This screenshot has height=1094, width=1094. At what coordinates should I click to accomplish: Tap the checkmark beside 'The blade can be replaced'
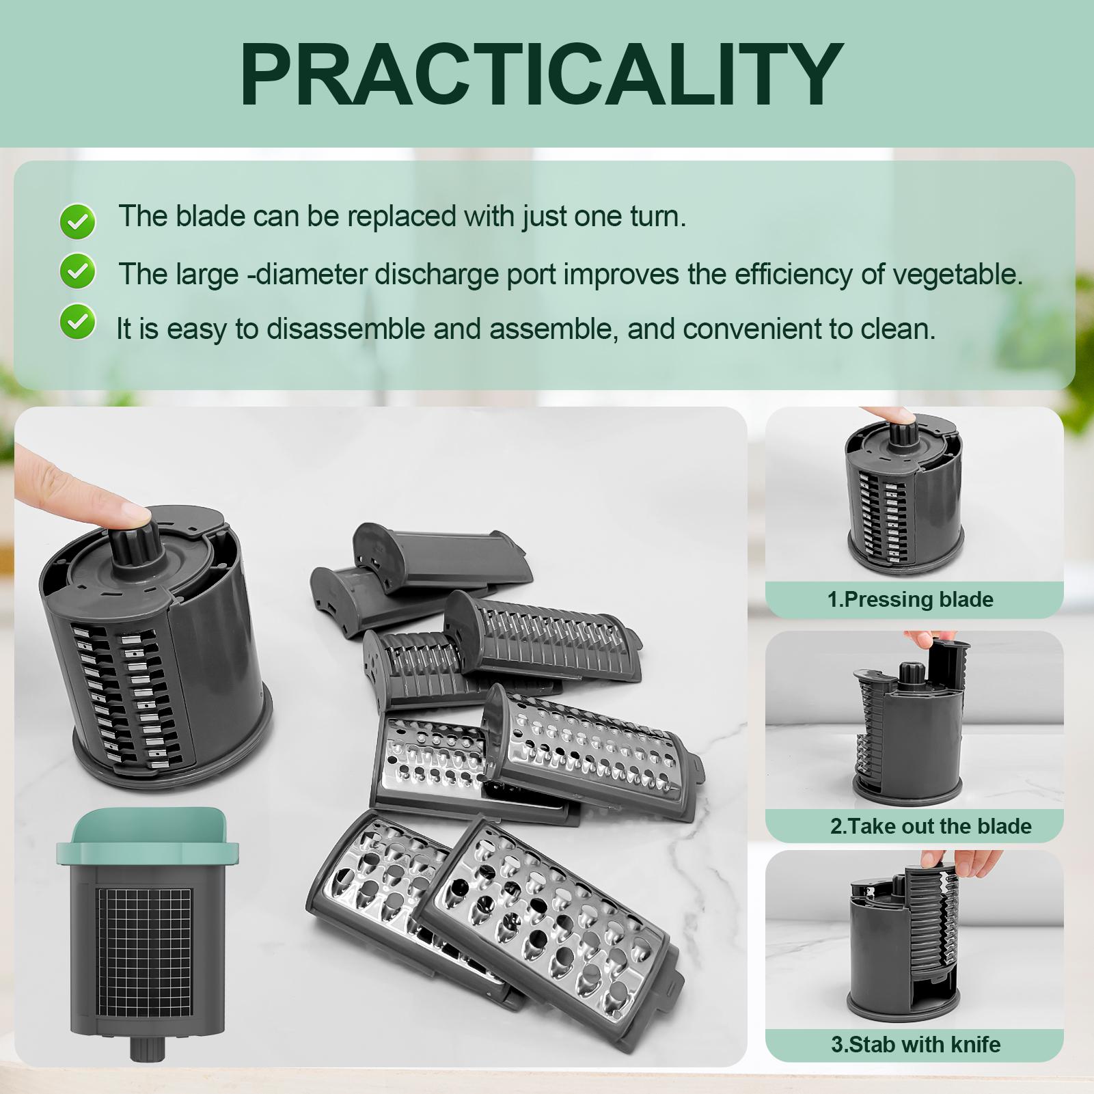click(77, 221)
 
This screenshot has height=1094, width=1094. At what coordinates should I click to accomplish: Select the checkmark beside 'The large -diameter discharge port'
click(77, 273)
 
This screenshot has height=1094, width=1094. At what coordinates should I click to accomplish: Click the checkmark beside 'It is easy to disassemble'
click(77, 322)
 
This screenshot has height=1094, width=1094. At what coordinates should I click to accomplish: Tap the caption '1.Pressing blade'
click(910, 600)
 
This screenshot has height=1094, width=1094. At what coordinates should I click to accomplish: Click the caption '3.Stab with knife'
click(916, 1044)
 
